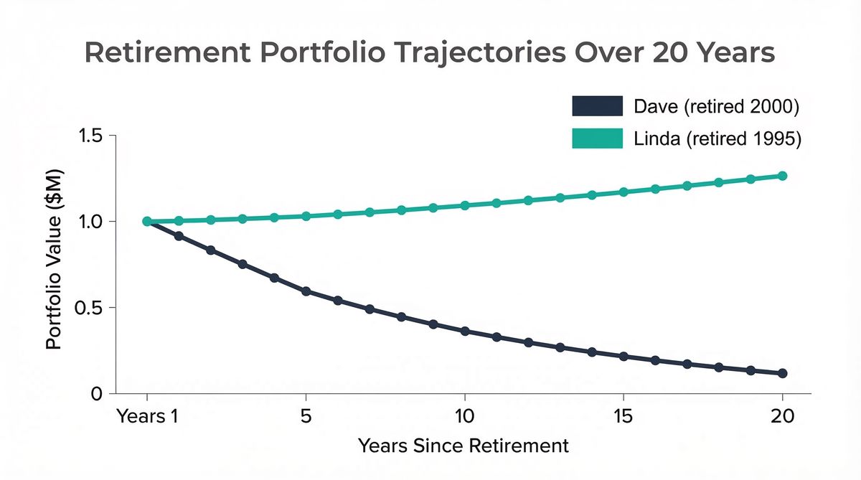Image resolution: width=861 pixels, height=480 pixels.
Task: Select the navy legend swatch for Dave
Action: pos(597,107)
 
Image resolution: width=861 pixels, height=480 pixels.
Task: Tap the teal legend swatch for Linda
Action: pos(597,139)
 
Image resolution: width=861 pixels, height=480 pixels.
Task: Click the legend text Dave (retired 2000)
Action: pos(717,108)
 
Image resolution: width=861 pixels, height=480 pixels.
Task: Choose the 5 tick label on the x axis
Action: pos(306,417)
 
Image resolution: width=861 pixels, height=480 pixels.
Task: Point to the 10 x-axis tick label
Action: pos(465,417)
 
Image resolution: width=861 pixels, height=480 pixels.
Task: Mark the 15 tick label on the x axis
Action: pos(624,417)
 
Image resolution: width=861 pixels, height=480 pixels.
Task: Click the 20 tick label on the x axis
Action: pos(782,417)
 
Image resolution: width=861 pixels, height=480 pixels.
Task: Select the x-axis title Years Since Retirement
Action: pos(464,446)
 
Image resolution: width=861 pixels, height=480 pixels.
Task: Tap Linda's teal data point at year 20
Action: pos(783,176)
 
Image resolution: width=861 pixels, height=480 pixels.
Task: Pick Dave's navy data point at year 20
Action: pos(783,374)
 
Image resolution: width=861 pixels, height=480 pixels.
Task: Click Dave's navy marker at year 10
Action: pos(465,331)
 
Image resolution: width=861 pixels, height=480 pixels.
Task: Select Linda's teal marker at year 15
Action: pos(624,192)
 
